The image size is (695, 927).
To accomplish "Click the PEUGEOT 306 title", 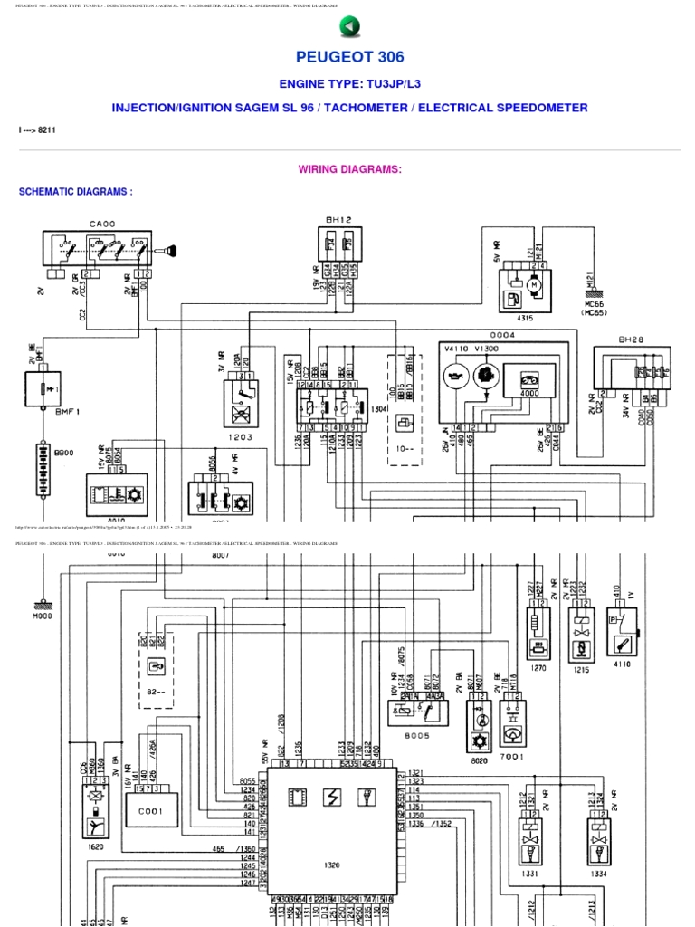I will [348, 57].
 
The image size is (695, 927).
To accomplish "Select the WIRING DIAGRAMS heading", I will [349, 169].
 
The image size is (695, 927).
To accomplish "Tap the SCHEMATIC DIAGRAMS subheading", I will [76, 192].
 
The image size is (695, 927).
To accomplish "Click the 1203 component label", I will [240, 436].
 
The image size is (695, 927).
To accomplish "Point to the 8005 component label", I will [417, 736].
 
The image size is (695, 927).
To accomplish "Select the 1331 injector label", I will [531, 874].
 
